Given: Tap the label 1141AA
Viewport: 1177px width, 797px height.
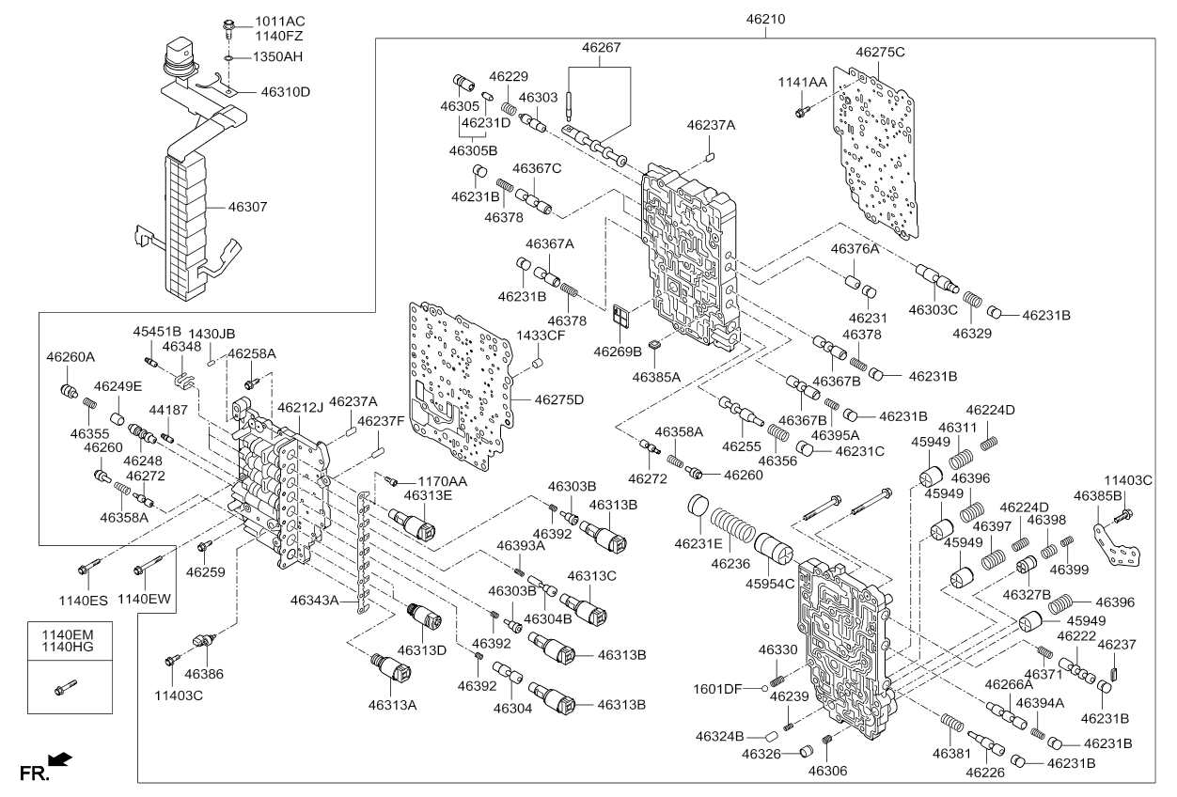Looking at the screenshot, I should click(x=802, y=83).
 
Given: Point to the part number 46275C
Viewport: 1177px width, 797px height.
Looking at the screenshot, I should click(x=880, y=52).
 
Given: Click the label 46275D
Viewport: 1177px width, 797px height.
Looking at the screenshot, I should click(x=559, y=399).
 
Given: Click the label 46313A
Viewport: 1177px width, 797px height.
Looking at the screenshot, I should click(x=392, y=704).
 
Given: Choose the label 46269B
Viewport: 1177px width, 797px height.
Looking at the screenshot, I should click(x=617, y=352).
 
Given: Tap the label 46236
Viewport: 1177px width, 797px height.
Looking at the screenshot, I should click(x=729, y=564).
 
